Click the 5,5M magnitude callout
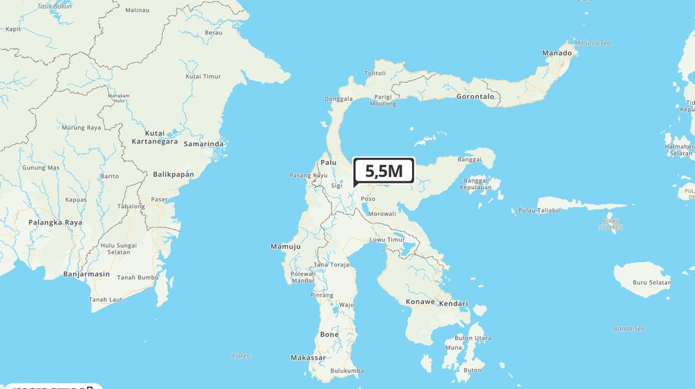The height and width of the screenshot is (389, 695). pyautogui.click(x=384, y=171)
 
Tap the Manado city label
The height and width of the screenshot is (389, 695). pyautogui.click(x=557, y=53)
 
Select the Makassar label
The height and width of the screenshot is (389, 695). pyautogui.click(x=307, y=358)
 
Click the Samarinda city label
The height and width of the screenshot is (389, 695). pyautogui.click(x=204, y=144)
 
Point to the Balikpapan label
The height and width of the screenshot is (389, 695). pyautogui.click(x=173, y=174)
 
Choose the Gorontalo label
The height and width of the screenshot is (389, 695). pyautogui.click(x=475, y=97)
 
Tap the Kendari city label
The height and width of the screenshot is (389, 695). pyautogui.click(x=453, y=304)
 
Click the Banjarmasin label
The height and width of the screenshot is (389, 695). pyautogui.click(x=86, y=274)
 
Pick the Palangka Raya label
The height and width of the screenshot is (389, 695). pyautogui.click(x=55, y=222)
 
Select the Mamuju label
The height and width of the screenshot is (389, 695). pyautogui.click(x=285, y=247)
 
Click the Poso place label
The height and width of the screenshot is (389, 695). pyautogui.click(x=368, y=199)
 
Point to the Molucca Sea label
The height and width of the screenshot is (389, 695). pyautogui.click(x=591, y=43)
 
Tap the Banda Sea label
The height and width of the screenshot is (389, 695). pyautogui.click(x=629, y=329)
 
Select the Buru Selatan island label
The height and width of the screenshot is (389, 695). pyautogui.click(x=652, y=283)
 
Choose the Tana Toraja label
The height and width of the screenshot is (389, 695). pyautogui.click(x=332, y=265)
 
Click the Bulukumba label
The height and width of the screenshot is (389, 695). pyautogui.click(x=347, y=371)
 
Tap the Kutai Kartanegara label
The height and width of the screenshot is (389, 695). pyautogui.click(x=155, y=137)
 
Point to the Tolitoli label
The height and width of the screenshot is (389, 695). pyautogui.click(x=375, y=73)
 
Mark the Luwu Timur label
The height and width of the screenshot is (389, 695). pyautogui.click(x=386, y=240)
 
